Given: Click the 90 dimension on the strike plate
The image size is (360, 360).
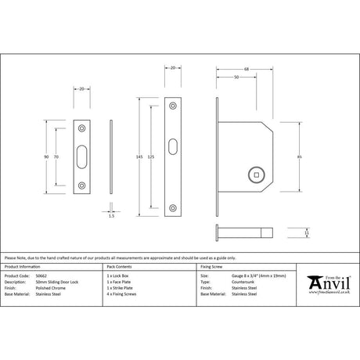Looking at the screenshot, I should pyautogui.click(x=48, y=157).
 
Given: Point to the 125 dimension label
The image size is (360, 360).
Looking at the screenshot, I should pyautogui.click(x=152, y=157).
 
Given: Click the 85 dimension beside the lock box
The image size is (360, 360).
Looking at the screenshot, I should pyautogui.click(x=301, y=157).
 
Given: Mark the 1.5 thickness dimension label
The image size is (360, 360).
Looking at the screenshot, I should pyautogui.click(x=112, y=216).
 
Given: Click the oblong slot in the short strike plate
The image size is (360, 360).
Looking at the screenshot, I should pyautogui.click(x=83, y=157).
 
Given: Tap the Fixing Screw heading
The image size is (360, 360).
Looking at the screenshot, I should pyautogui.click(x=214, y=268).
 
